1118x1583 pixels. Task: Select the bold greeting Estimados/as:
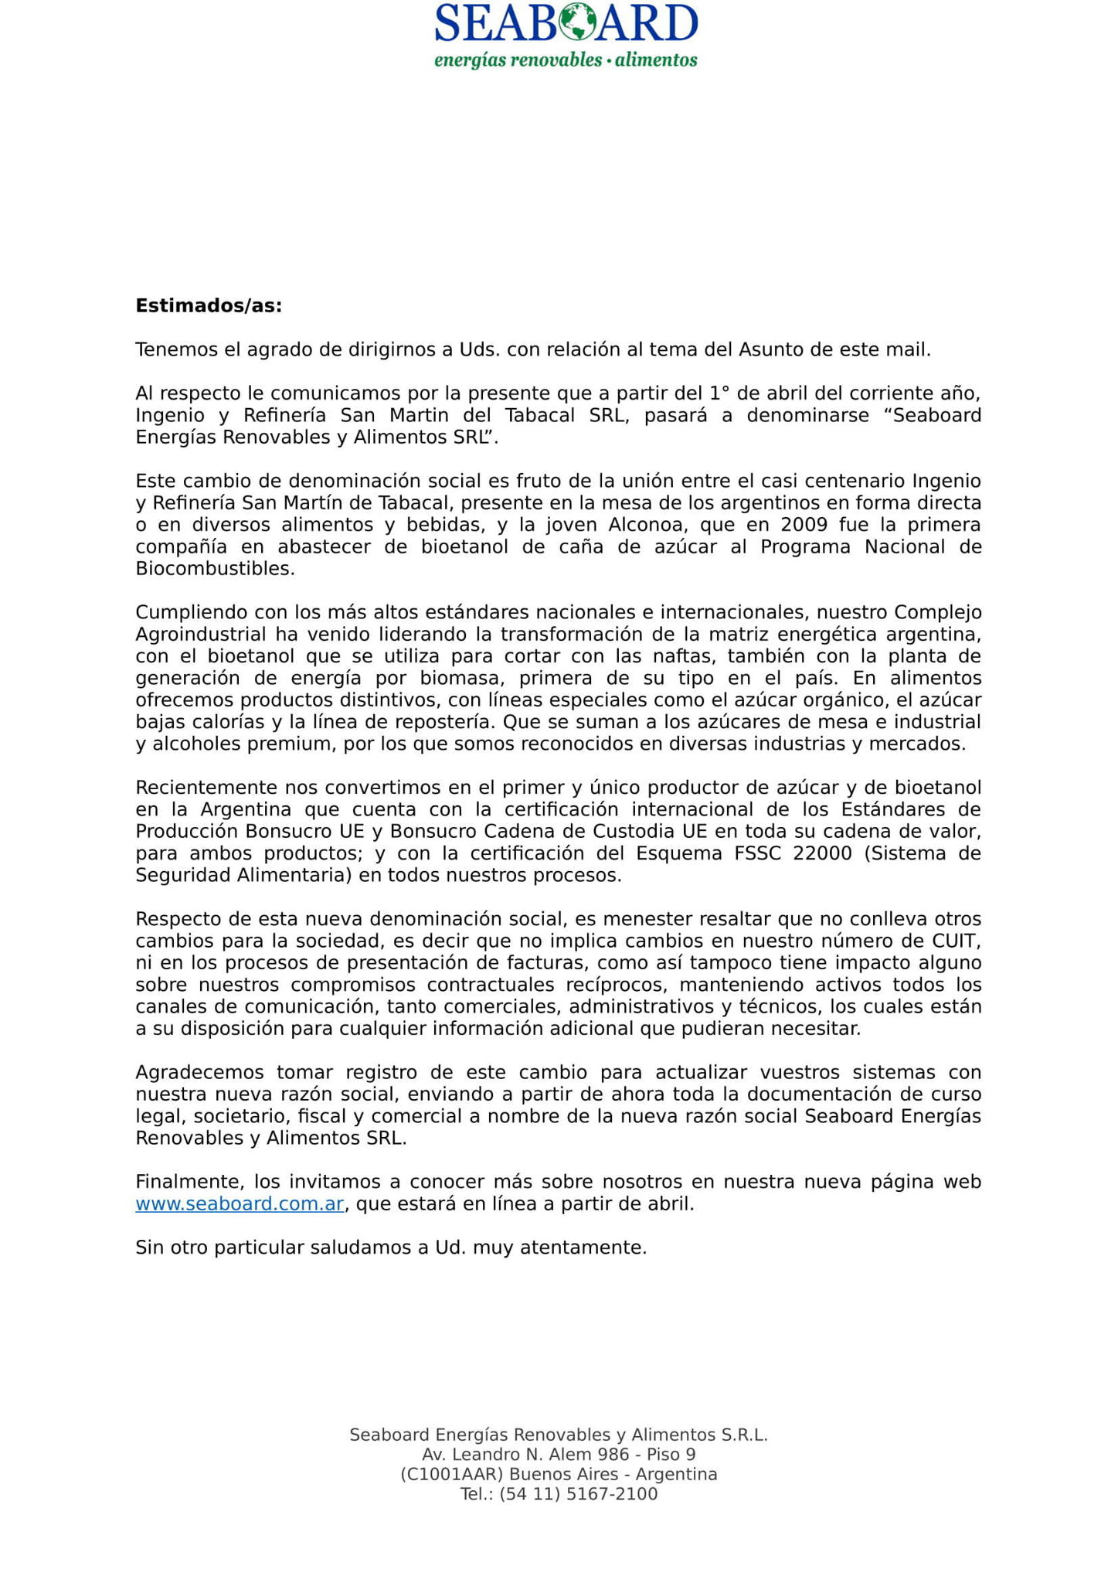pyautogui.click(x=209, y=306)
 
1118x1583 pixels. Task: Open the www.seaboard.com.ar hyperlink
pyautogui.click(x=240, y=1204)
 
